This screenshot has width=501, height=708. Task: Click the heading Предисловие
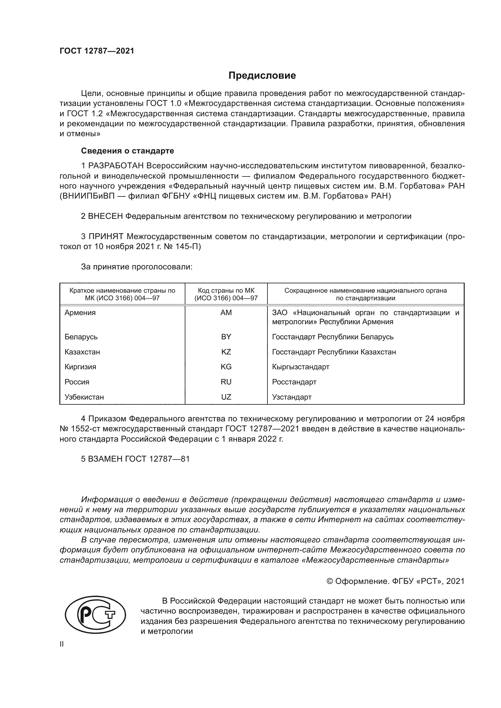262,76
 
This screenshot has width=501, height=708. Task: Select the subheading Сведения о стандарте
128,151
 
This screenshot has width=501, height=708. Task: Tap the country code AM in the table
226,313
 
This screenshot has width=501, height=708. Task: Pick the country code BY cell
226,337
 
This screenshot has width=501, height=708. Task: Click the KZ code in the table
226,352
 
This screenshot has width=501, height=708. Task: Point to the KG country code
226,367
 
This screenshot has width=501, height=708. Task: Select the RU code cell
226,382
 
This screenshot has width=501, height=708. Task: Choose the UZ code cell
226,397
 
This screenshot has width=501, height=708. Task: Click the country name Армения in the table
80,313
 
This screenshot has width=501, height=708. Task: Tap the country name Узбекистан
84,397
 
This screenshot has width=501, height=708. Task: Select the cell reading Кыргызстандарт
300,367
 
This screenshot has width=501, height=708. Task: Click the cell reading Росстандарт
294,382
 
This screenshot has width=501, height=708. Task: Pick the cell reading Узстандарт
291,397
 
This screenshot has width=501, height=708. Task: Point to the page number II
62,644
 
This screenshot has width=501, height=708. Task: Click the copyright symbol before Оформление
330,581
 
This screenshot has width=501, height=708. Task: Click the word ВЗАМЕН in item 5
105,459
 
